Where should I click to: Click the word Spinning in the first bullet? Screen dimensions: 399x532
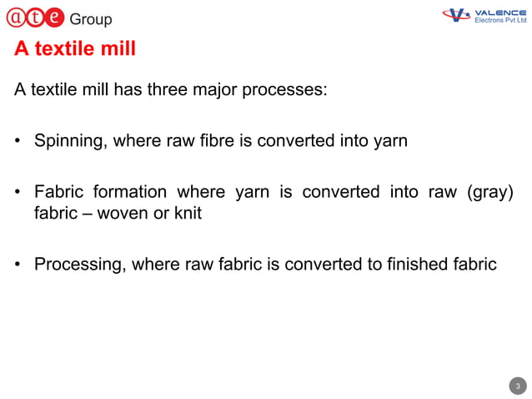(x=68, y=141)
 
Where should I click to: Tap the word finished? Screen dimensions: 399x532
(x=419, y=265)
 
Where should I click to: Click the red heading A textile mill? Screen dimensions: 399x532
(x=75, y=49)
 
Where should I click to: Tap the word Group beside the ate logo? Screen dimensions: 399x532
(x=90, y=19)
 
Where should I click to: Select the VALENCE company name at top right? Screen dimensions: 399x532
(x=499, y=13)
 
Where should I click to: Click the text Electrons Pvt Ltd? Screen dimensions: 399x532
(x=500, y=21)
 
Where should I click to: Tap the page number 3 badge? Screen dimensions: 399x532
(x=518, y=386)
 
